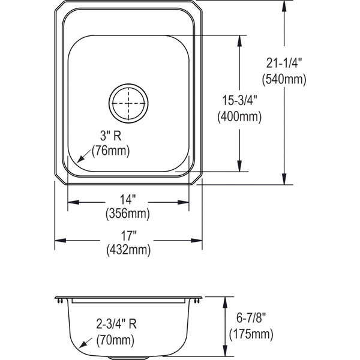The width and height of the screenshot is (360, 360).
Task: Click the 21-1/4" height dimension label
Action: coord(284,63)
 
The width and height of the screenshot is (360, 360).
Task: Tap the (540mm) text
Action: coord(284,79)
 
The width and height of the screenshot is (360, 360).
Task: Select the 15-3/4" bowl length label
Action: coord(239,100)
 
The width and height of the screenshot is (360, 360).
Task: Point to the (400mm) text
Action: coord(239,117)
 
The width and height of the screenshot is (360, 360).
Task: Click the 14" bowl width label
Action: coord(128,199)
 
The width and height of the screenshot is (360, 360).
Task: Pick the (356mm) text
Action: coord(128,214)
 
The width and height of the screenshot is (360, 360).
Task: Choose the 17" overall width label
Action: coord(128,236)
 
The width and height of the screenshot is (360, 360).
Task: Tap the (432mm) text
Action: coord(128,250)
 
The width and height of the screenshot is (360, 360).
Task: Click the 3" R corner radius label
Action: coord(110,136)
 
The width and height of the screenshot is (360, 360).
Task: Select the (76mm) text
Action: coord(110,151)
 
